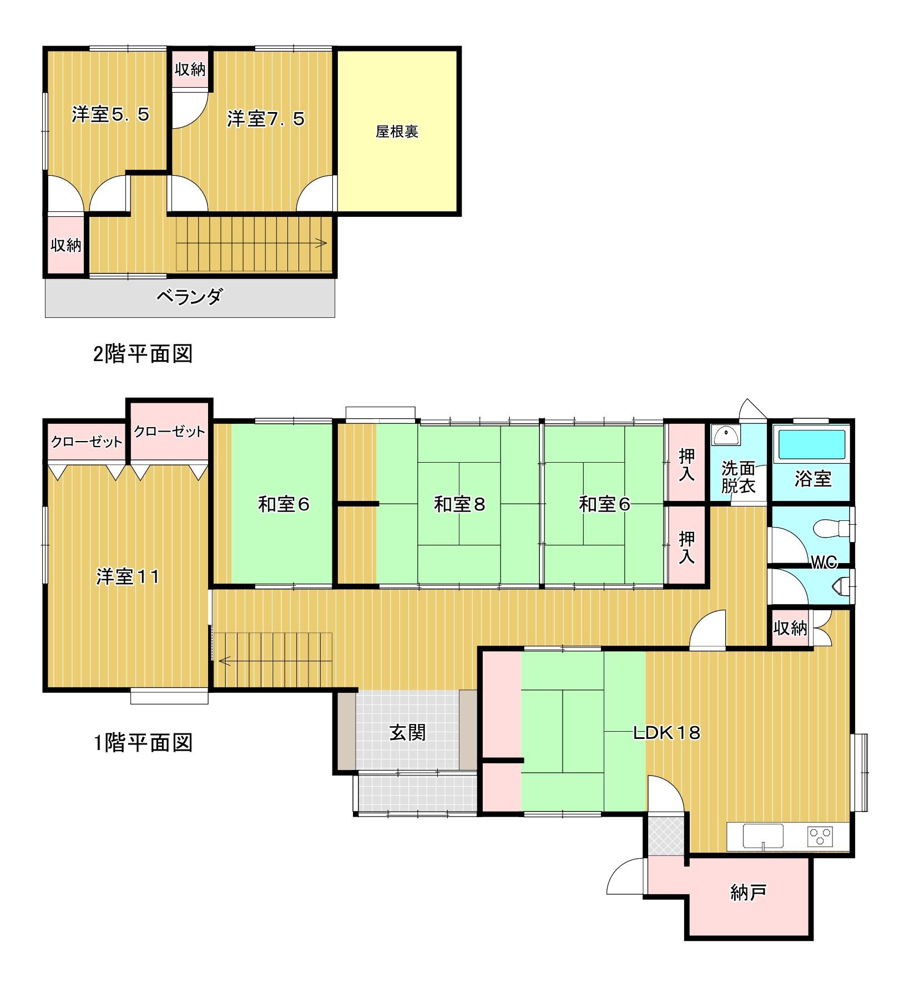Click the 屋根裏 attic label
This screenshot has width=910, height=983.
click(397, 131)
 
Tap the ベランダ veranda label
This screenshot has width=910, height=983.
click(189, 297)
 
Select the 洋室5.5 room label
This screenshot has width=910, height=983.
click(110, 114)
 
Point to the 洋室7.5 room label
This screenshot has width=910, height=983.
click(266, 119)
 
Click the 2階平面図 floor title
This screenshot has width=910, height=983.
click(143, 353)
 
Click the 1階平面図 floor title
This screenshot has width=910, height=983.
click(143, 742)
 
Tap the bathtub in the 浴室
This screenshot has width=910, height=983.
click(812, 444)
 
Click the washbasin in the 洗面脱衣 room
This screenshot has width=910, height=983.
click(726, 435)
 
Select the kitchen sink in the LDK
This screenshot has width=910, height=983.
click(763, 835)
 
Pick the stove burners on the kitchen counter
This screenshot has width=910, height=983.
click(820, 835)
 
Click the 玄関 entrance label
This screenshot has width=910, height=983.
click(408, 732)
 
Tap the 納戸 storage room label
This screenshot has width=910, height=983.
click(749, 892)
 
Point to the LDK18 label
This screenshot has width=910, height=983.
click(667, 733)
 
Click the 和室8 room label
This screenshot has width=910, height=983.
click(459, 504)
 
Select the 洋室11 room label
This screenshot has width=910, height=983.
click(128, 576)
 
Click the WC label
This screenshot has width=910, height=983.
click(824, 563)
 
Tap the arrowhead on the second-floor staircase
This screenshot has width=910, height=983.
click(322, 243)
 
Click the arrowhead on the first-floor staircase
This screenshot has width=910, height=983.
click(224, 661)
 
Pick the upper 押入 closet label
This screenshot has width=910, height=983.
click(687, 465)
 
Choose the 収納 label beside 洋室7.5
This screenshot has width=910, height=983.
click(190, 69)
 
